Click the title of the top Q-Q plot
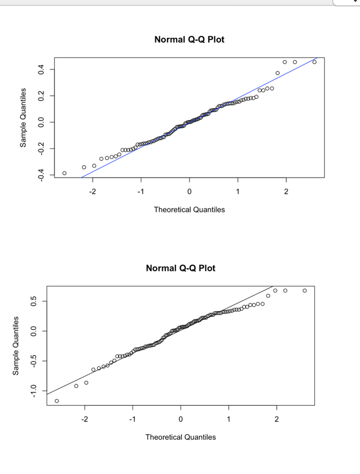[189, 40]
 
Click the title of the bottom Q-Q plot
[180, 268]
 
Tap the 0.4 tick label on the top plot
[41, 69]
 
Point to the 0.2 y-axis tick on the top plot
[41, 96]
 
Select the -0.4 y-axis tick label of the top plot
[41, 175]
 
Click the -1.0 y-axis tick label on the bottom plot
[33, 391]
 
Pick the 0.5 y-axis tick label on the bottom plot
[33, 301]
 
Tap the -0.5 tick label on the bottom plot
[33, 361]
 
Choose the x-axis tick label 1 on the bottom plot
[229, 419]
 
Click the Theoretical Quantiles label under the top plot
[189, 210]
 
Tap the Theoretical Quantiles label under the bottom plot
[180, 437]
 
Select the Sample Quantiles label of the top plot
[22, 118]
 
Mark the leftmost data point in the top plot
[64, 173]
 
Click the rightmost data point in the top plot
[314, 62]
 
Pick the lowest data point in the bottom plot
[57, 401]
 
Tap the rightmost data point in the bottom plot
[304, 290]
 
